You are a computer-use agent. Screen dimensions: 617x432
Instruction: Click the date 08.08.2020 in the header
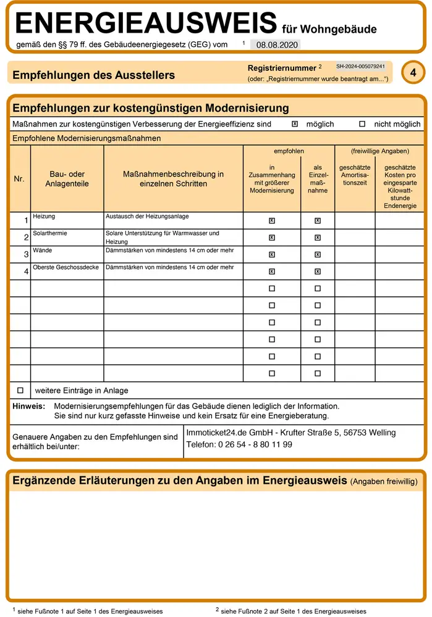[276, 45]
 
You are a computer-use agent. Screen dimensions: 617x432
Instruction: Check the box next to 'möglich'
[295, 124]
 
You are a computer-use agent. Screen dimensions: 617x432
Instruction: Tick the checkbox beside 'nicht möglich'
[362, 124]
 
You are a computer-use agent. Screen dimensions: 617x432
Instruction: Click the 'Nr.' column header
[19, 179]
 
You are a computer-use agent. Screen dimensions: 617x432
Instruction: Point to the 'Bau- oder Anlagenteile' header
[67, 179]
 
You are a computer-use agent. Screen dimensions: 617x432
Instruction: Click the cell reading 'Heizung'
[44, 217]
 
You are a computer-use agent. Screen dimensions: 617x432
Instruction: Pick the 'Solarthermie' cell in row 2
[50, 233]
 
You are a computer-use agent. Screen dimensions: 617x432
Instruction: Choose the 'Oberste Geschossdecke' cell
[66, 267]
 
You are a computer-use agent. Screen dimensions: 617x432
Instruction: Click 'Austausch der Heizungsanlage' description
[147, 217]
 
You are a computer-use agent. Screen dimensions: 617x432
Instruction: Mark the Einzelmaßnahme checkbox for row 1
[318, 220]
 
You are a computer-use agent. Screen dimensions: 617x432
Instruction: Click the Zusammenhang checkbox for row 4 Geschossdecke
[272, 271]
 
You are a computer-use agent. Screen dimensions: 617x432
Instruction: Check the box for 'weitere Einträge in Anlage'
[20, 390]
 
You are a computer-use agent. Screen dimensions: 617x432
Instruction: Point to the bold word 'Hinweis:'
[28, 406]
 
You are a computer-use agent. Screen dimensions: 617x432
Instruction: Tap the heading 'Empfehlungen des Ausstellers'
[93, 75]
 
